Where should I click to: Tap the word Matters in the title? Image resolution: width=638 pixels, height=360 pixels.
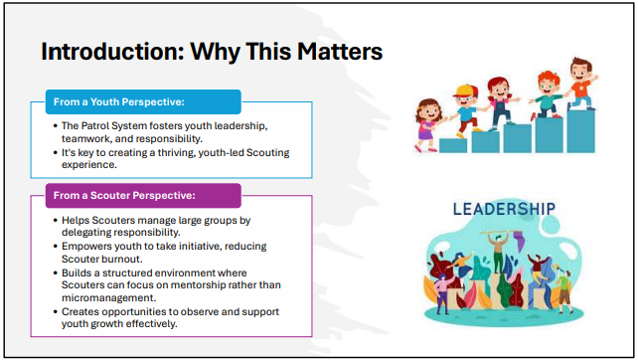340,52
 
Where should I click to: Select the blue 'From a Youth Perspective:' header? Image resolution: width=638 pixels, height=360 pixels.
143,101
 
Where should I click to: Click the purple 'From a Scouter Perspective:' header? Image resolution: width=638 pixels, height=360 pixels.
143,196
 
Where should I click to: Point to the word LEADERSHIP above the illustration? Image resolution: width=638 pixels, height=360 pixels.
504,209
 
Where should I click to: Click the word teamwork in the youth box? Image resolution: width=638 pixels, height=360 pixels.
85,138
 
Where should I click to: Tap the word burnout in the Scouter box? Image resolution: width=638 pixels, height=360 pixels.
121,259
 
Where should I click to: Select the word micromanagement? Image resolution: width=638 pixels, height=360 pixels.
108,297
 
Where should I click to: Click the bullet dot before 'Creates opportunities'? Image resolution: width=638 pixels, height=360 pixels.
56,312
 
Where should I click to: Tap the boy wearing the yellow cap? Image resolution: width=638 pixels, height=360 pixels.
467,109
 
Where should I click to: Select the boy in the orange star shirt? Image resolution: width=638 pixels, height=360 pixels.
581,84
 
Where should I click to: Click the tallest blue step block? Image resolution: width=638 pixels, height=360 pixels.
581,131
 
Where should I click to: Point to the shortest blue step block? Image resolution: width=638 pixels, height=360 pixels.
453,145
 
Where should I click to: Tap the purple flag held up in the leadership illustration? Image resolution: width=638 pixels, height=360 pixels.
519,241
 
